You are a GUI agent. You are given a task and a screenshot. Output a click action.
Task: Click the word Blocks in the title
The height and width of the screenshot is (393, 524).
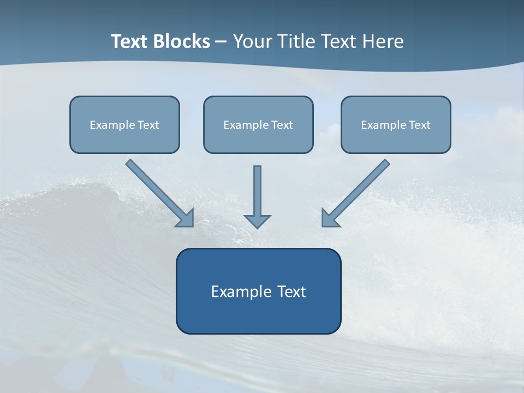pyautogui.click(x=182, y=41)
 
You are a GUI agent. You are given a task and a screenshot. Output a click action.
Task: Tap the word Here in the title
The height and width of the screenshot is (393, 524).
pyautogui.click(x=383, y=41)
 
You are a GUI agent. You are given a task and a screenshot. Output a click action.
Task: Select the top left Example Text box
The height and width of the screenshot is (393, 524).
pyautogui.click(x=124, y=124)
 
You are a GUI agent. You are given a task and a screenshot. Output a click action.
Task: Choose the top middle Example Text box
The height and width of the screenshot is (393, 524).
pyautogui.click(x=258, y=124)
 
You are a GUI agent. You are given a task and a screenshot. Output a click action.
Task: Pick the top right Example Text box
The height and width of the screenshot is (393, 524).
pyautogui.click(x=396, y=124)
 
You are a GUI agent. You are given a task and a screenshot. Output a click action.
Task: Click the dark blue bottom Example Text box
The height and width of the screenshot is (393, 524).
pyautogui.click(x=259, y=291)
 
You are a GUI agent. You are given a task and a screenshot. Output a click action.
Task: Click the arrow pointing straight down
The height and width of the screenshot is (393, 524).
pyautogui.click(x=257, y=197)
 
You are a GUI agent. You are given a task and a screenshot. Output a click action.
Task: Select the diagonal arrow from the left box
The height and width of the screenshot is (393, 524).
pyautogui.click(x=160, y=193)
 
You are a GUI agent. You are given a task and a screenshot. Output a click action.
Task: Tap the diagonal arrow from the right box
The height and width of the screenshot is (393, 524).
pyautogui.click(x=356, y=193)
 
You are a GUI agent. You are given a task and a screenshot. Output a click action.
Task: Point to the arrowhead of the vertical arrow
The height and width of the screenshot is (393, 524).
pyautogui.click(x=257, y=221)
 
